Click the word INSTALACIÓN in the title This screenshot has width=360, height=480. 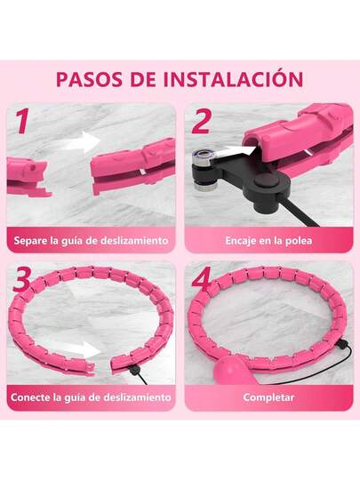tap(233, 78)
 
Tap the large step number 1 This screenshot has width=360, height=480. tap(22, 121)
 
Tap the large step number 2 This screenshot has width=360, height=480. tap(201, 121)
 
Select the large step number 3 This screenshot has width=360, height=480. tap(21, 278)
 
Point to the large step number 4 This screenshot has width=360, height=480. tap(202, 278)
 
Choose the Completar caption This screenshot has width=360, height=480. tap(268, 397)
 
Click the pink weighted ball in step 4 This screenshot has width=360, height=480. tap(229, 370)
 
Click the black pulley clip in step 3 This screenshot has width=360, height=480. tap(134, 371)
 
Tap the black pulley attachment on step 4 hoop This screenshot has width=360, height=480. tap(341, 345)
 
